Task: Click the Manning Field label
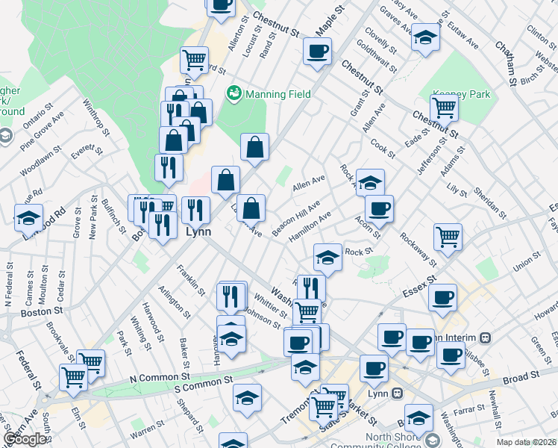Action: point(279,95)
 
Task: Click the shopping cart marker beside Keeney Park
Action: point(444,107)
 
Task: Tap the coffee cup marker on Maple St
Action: point(318,52)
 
